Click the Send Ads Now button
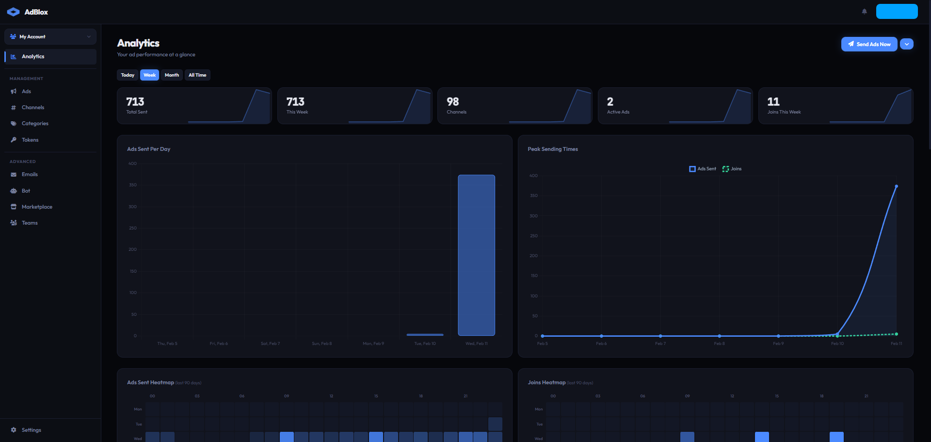click(869, 44)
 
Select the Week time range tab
click(149, 75)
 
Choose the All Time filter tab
click(197, 75)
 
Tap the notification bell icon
click(864, 12)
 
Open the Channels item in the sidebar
click(32, 108)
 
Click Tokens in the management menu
click(30, 140)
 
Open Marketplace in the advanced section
click(37, 207)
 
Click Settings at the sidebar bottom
click(31, 430)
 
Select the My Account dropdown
click(50, 37)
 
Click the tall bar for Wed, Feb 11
click(476, 255)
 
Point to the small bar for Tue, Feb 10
click(425, 334)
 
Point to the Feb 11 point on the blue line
click(896, 186)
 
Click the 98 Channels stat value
click(452, 102)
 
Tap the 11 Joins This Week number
click(773, 102)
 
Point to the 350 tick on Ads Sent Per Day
click(132, 185)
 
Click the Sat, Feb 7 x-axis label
click(270, 344)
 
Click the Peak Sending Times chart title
click(552, 149)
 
